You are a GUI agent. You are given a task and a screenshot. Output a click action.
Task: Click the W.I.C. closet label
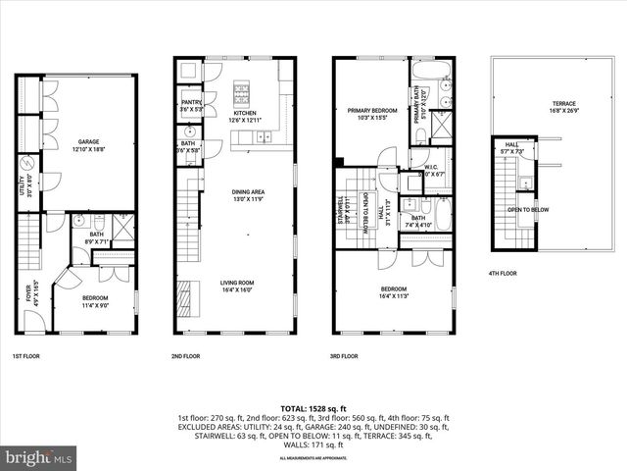[x=431, y=170]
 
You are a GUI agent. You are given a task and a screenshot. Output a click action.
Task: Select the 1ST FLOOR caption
[x=26, y=357]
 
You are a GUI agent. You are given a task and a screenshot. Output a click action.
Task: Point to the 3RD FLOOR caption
[x=344, y=357]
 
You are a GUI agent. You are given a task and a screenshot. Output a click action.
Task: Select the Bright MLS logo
[x=39, y=457]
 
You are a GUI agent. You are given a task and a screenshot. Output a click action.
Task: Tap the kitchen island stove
[x=243, y=96]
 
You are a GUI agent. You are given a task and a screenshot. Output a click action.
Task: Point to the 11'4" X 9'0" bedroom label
[x=94, y=301]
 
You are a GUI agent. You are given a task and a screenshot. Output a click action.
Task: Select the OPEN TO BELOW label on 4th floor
[x=526, y=210]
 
